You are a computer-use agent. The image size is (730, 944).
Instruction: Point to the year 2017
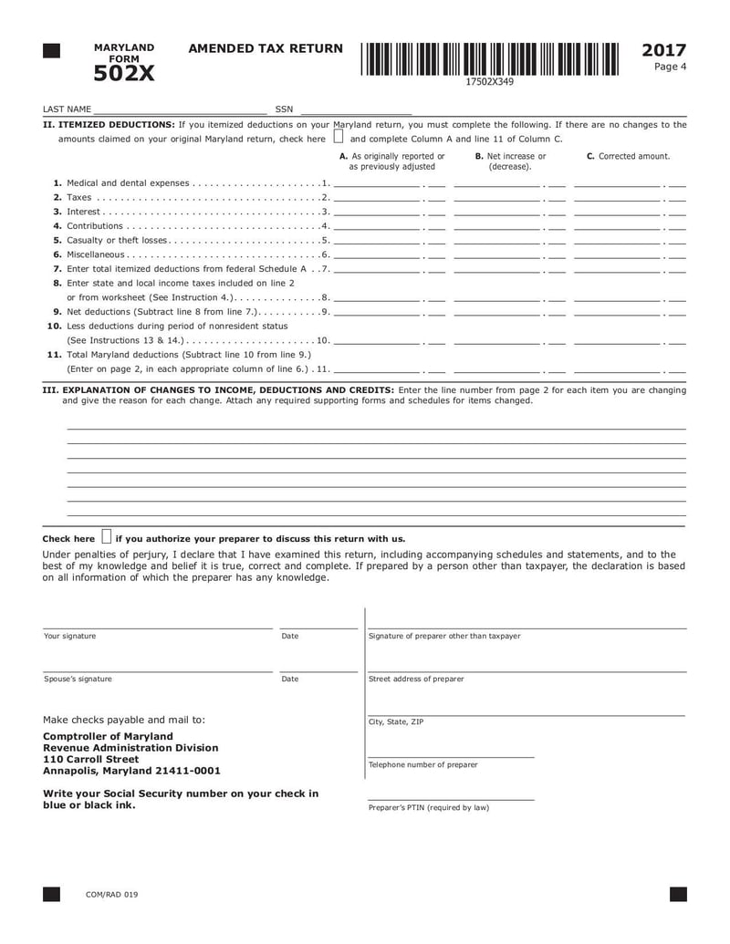[664, 50]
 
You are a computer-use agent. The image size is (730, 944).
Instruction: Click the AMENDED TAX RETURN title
[266, 48]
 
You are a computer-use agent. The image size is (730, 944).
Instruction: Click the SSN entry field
[356, 109]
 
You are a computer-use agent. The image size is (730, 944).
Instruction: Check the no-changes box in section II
[339, 139]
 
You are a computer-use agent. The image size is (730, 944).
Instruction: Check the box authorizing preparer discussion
[107, 537]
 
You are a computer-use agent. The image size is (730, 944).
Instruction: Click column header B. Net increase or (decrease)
[510, 161]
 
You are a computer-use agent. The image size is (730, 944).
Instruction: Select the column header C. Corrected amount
[628, 157]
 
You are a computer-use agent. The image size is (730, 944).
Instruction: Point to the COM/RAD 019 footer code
[111, 895]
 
